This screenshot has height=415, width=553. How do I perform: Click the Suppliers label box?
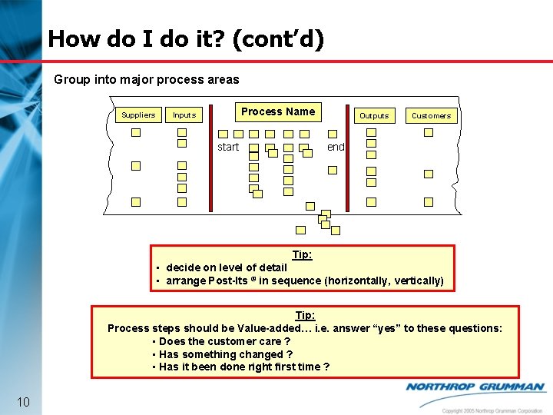[x=138, y=115]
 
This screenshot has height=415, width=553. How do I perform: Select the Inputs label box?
[x=184, y=115]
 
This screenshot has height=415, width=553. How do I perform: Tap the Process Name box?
[x=277, y=111]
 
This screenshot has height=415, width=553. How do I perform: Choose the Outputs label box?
[x=374, y=115]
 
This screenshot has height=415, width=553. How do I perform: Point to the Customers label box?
[x=431, y=115]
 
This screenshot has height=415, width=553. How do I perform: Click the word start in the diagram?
[x=228, y=147]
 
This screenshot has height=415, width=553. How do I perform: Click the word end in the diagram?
[x=336, y=147]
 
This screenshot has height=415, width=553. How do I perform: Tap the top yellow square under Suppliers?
[x=136, y=132]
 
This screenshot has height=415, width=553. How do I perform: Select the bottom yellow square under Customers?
[x=429, y=202]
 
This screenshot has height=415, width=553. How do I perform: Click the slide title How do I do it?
[x=186, y=38]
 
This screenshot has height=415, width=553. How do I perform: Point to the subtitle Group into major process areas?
[x=147, y=79]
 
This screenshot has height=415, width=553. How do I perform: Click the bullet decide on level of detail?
[x=226, y=267]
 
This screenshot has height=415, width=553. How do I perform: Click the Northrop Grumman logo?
[x=475, y=388]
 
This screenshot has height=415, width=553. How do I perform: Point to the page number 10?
[x=23, y=402]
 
